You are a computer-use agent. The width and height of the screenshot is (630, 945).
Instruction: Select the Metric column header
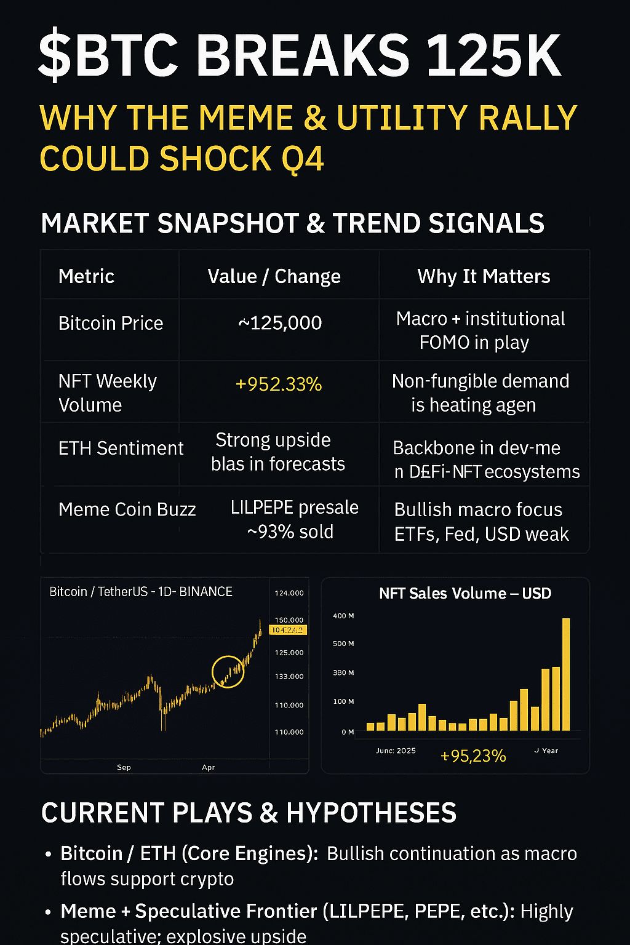(x=86, y=276)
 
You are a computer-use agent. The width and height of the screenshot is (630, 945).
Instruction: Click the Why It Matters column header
(x=484, y=276)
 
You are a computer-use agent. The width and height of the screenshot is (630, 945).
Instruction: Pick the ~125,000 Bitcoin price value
(x=280, y=323)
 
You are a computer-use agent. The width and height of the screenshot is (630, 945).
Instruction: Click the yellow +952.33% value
(x=279, y=385)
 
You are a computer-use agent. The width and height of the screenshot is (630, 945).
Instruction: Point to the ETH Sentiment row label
(x=121, y=449)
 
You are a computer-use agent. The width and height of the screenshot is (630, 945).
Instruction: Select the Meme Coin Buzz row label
(x=127, y=509)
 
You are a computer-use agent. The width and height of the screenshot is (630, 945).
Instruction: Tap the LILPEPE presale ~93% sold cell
(x=293, y=519)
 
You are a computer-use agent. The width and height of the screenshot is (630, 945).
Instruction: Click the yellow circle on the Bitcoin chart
(x=228, y=671)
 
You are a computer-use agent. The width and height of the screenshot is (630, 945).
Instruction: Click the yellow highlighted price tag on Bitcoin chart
(x=288, y=630)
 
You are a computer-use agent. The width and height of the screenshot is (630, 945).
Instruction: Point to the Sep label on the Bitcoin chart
(x=124, y=767)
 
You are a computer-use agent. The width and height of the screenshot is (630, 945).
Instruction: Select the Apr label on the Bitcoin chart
(x=208, y=767)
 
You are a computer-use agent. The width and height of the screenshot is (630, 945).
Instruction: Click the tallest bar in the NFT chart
(x=566, y=674)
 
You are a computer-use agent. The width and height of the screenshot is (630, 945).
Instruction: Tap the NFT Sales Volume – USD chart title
(x=465, y=594)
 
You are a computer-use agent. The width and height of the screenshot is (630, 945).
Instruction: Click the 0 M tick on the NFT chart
(x=348, y=732)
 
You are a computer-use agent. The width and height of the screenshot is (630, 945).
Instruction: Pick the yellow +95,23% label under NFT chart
(x=473, y=756)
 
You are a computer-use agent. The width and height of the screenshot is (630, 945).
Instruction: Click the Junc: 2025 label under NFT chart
(x=396, y=751)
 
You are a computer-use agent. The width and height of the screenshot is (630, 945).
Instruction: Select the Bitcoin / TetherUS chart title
(x=141, y=592)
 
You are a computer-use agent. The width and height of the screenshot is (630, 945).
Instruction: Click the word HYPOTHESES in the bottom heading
(x=371, y=813)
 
